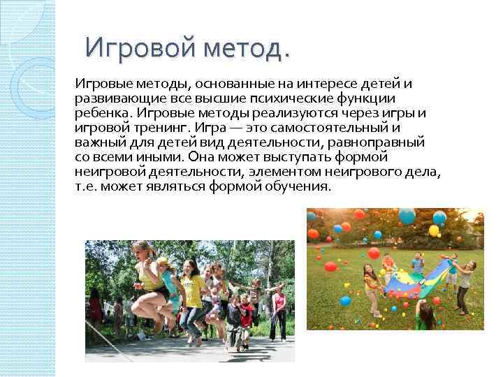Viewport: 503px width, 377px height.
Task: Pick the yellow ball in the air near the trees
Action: [434, 230]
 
